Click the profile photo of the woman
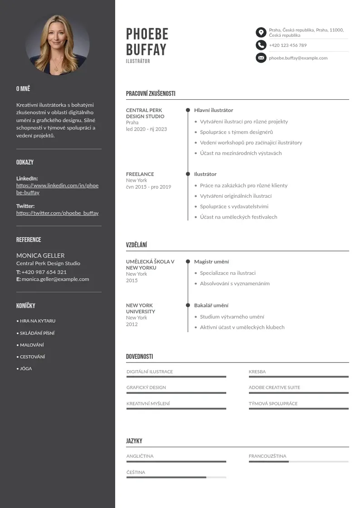57,44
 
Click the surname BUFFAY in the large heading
146,49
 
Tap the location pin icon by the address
261,32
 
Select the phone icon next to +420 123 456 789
261,45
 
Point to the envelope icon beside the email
261,58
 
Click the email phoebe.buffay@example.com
298,58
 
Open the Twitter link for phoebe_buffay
57,213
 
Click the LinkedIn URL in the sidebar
57,189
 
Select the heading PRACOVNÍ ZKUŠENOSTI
151,93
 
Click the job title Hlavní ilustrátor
214,110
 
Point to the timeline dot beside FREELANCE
188,174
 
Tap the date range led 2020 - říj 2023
146,129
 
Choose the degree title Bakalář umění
211,305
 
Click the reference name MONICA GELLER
40,255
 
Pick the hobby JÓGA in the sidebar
25,369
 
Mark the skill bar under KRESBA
298,377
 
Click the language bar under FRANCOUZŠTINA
298,461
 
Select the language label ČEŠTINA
136,472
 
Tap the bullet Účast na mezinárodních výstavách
241,153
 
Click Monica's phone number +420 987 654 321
44,272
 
